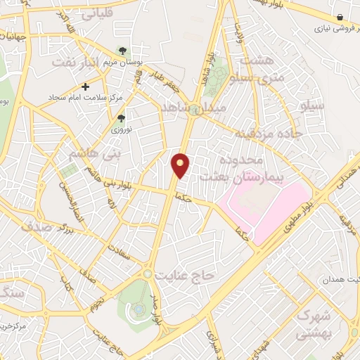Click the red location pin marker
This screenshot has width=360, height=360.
(181, 165)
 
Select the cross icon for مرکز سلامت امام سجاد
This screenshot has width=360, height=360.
(86, 87)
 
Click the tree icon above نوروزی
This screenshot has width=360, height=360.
(121, 119)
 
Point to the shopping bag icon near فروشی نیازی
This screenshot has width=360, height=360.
(340, 17)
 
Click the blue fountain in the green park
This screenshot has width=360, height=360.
(139, 308)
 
